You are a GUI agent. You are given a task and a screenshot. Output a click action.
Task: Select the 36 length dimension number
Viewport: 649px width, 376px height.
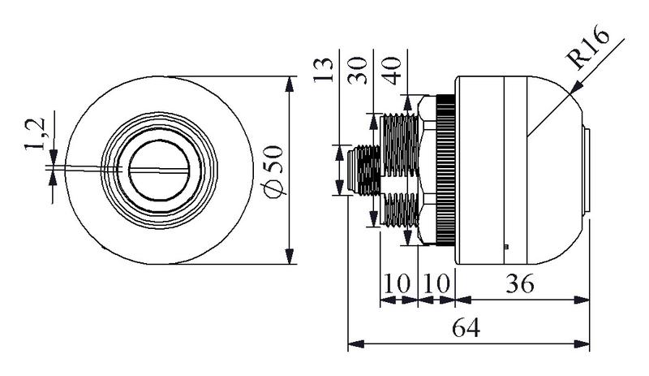(x=519, y=286)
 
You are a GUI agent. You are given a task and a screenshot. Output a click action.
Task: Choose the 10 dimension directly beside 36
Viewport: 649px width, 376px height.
(x=436, y=286)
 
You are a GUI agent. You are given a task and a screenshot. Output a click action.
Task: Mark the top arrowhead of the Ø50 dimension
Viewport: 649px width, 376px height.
(x=290, y=80)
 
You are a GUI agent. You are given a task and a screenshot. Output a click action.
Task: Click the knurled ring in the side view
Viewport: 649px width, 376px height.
(x=445, y=171)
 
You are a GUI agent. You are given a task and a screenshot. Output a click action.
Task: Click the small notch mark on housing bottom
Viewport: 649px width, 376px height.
(x=505, y=245)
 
